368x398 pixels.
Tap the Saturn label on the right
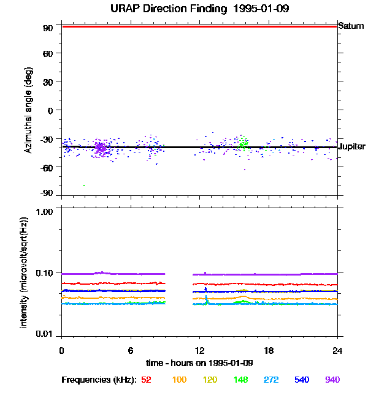pos(351,26)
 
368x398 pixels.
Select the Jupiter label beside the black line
pos(352,147)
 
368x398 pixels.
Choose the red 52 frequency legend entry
pos(146,380)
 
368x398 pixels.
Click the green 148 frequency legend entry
pos(240,380)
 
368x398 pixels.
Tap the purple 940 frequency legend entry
pos(332,380)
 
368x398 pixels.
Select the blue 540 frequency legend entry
pos(302,380)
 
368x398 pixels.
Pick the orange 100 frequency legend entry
pos(179,380)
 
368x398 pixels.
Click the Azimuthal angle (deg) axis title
pos(28,110)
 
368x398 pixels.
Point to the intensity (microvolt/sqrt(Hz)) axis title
pos(25,272)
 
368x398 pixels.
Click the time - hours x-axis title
pos(199,363)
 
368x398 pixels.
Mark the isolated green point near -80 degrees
pos(84,185)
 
